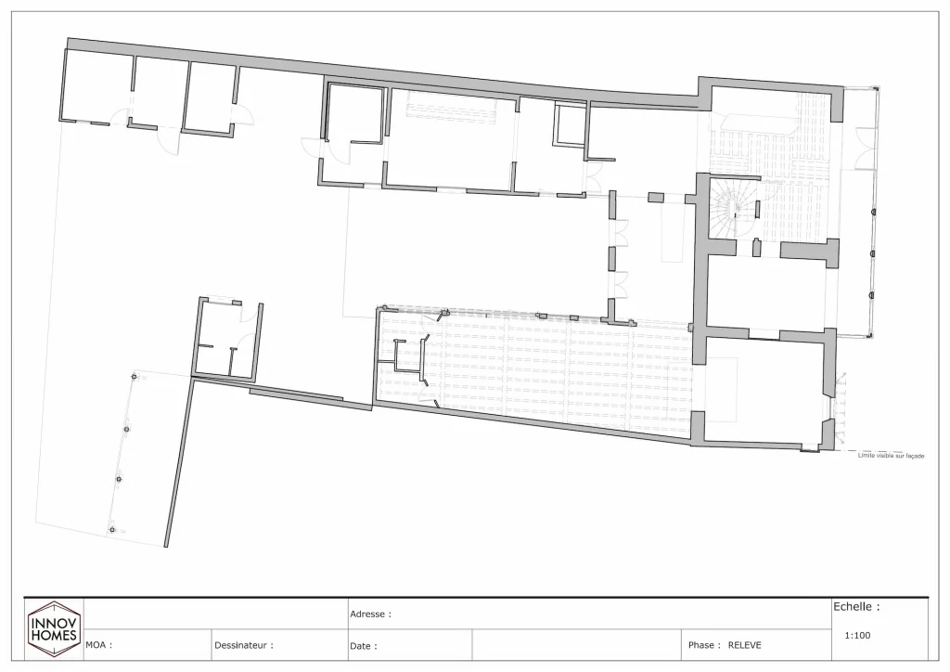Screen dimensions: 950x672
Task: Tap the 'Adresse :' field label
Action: (370, 614)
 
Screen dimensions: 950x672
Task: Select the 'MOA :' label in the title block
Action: (98, 645)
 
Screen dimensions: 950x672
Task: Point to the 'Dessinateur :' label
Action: (244, 645)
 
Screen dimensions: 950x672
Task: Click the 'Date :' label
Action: (363, 646)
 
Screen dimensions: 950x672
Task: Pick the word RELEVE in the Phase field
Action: (745, 645)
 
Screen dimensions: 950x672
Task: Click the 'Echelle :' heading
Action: (856, 606)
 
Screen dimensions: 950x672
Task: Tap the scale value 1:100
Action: (857, 636)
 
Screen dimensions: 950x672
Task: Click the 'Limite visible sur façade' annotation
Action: (892, 456)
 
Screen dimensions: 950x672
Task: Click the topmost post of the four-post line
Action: (134, 377)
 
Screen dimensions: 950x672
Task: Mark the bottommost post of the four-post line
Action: (112, 530)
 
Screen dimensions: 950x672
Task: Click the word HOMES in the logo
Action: (53, 636)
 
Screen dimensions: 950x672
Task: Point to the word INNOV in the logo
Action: (53, 623)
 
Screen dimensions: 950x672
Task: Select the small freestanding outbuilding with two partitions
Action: (227, 340)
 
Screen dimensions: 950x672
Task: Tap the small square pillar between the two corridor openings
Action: (656, 197)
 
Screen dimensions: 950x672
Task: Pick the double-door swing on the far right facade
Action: (865, 149)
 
